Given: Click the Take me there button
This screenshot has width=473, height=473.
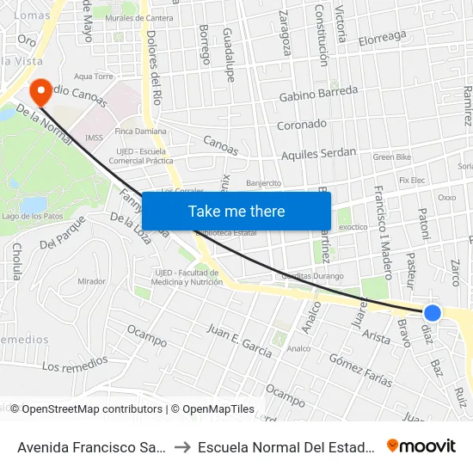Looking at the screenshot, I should [x=236, y=211].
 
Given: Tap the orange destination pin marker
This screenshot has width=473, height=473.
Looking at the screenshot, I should [x=40, y=91].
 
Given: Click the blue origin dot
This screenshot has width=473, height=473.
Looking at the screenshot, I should [x=433, y=313].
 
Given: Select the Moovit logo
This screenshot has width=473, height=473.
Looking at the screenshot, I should [x=421, y=445].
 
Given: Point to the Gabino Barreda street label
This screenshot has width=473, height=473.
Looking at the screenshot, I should [x=318, y=94].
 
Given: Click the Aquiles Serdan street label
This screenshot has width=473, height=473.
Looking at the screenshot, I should [x=318, y=154].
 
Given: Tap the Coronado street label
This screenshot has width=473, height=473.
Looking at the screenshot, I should [x=301, y=125].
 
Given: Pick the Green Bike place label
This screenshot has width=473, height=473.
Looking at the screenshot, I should [x=392, y=157].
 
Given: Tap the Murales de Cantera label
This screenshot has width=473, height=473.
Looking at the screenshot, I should [x=141, y=18].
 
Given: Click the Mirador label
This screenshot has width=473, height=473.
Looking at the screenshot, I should [x=91, y=281].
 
